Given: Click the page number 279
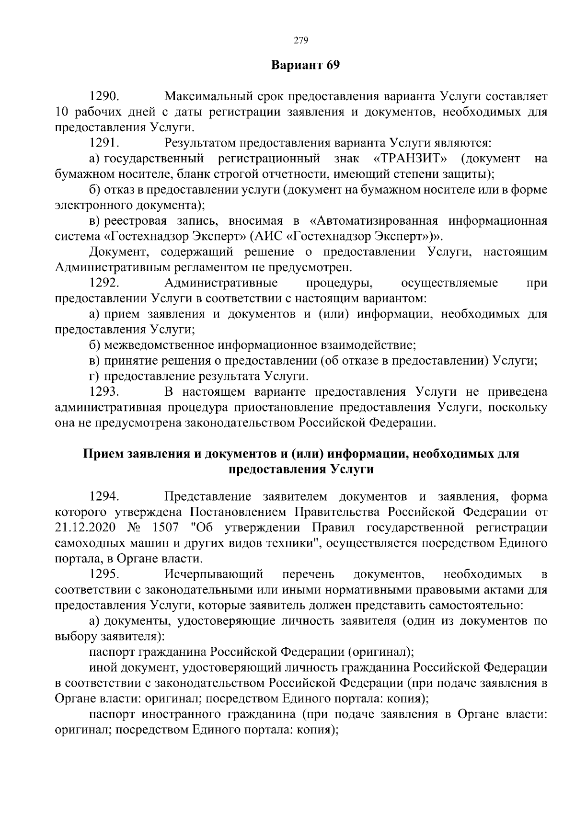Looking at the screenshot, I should tap(300, 40).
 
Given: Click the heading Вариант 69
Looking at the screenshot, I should tap(305, 65).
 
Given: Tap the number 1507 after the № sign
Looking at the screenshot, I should tap(165, 527).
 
